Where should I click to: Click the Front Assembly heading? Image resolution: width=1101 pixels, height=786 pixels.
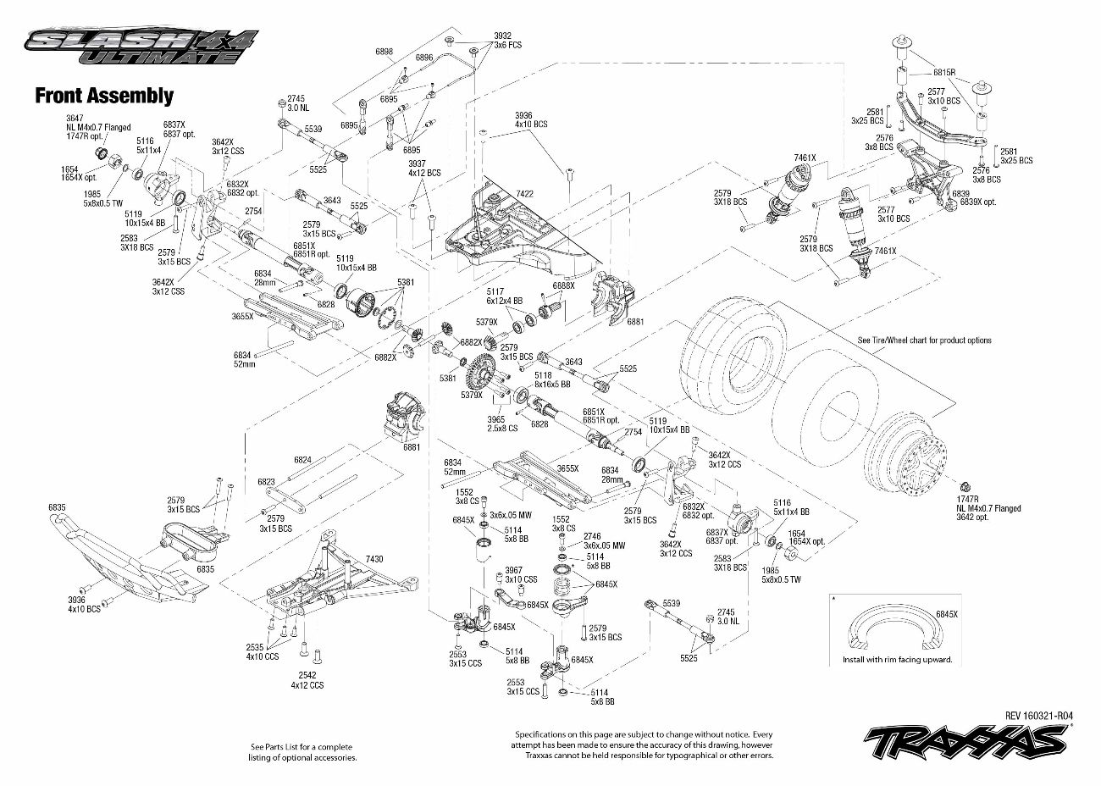pos(103,96)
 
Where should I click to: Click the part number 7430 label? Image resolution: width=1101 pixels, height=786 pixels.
pos(373,559)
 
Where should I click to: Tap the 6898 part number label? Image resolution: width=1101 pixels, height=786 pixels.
pos(385,53)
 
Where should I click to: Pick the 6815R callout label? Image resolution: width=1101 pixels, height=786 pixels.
pos(944,73)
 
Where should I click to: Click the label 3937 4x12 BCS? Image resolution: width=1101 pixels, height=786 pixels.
pos(424,168)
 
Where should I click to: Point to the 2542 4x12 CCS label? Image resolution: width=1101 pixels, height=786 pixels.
pos(307,679)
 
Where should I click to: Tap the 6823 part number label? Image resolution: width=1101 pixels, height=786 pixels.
pos(266,481)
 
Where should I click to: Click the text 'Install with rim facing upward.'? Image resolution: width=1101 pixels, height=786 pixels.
pos(897,659)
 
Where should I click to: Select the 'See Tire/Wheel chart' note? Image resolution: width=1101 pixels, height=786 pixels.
pos(924,340)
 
